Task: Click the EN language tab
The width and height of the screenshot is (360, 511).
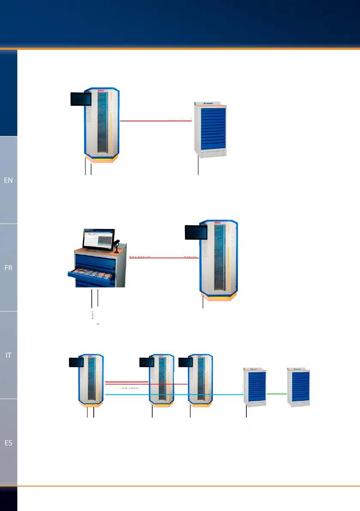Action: click(9, 180)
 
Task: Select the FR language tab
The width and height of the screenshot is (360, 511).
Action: click(9, 267)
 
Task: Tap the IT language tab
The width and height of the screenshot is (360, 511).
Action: click(9, 355)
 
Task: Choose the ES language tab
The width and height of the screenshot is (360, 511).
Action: click(9, 443)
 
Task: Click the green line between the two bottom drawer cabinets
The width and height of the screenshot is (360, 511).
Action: click(276, 393)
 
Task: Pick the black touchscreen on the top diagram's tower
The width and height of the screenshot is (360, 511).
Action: click(81, 99)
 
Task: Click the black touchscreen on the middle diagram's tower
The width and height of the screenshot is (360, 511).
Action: click(196, 232)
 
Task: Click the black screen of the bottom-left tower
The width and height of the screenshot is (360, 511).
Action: click(76, 362)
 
